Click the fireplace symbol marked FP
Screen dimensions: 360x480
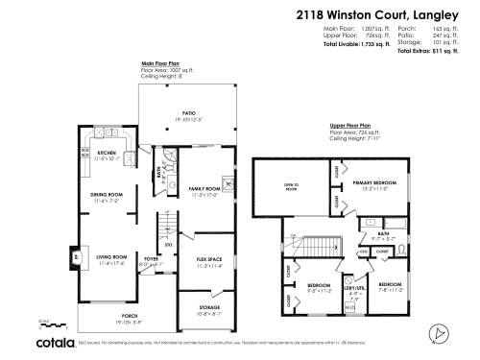78,256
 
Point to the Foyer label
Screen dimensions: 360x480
151,257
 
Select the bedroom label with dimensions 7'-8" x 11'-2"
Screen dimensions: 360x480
390,286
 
